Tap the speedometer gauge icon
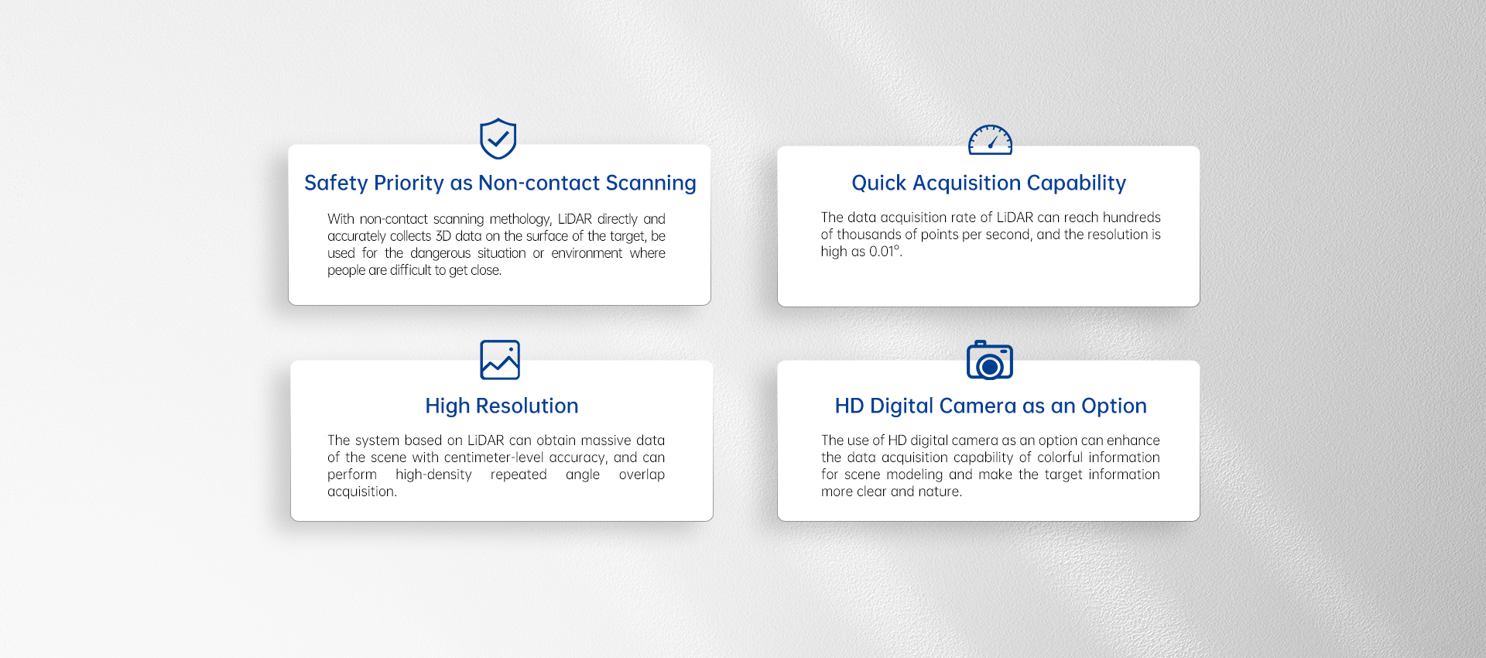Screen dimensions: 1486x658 click(x=990, y=140)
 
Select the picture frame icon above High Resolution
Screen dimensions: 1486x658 click(x=500, y=360)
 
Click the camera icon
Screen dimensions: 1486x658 click(x=990, y=361)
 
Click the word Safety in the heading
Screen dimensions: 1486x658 click(x=336, y=183)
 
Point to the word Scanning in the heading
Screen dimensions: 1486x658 click(x=651, y=183)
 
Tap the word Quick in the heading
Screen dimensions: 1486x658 click(x=878, y=183)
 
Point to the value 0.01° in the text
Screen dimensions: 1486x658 click(x=885, y=252)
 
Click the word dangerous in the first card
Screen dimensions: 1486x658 click(x=440, y=253)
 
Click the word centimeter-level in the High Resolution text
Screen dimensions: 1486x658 click(x=494, y=458)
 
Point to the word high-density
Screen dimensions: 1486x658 click(x=433, y=475)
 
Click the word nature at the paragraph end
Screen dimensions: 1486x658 click(x=940, y=492)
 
